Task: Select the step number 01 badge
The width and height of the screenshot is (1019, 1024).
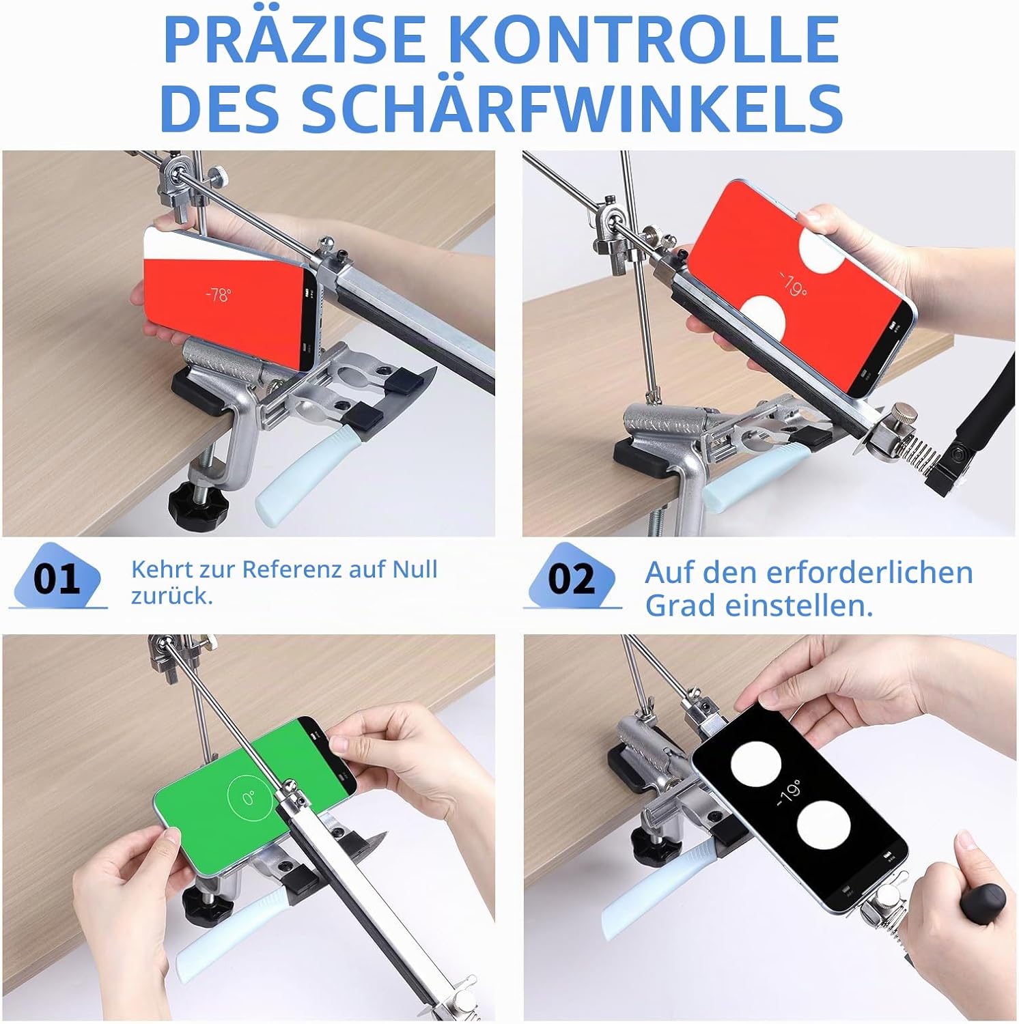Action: [57, 578]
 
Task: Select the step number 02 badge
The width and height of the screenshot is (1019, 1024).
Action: [572, 578]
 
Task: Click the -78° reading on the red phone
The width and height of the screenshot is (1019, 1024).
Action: [219, 295]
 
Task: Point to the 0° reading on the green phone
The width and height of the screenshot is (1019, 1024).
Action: [248, 797]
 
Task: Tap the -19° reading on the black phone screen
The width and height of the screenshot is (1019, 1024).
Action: [790, 793]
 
